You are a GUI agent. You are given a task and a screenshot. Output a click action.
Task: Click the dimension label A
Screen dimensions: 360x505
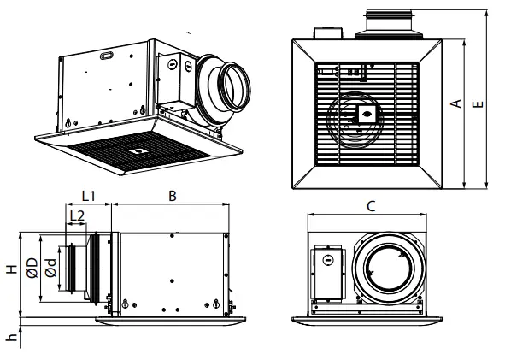tap(457, 103)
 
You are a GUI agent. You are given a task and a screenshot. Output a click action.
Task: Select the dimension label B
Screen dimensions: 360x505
tap(172, 196)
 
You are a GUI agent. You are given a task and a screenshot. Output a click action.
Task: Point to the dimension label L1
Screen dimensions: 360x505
tap(88, 196)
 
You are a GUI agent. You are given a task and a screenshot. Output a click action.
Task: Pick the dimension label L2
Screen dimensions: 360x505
tap(76, 215)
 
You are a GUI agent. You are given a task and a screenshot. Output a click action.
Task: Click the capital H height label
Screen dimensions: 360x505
tap(11, 269)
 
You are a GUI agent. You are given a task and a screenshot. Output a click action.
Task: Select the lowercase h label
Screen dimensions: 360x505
tap(11, 337)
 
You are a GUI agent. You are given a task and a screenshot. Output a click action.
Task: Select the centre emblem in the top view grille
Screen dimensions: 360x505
tap(367, 113)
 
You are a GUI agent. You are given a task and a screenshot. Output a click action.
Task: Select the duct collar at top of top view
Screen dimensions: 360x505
tap(391, 23)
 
